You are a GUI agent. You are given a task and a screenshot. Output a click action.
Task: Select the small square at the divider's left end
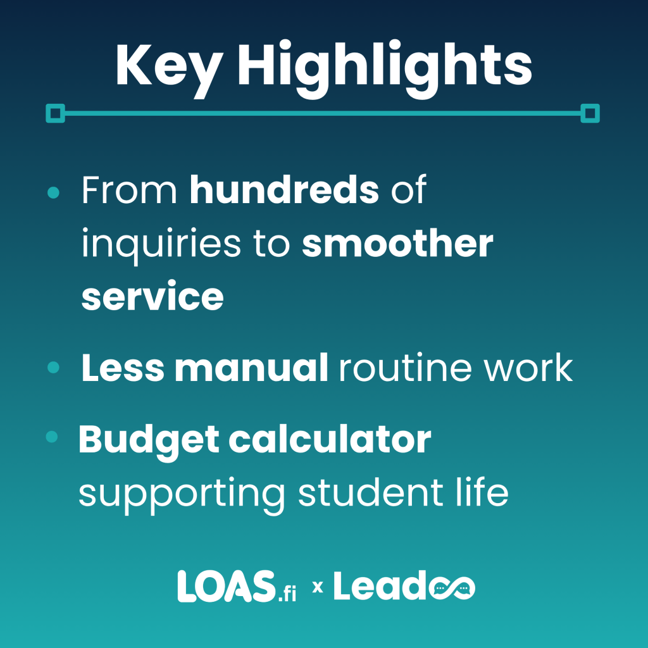pos(56,114)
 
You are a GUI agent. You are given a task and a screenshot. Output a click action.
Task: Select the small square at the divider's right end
pos(590,114)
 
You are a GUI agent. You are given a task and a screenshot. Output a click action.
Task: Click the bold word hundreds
pos(284,190)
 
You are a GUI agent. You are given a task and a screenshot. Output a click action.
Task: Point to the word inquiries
pos(161,244)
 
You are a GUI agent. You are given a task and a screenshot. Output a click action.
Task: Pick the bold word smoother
pos(397,244)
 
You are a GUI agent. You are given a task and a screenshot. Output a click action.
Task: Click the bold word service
pos(153,296)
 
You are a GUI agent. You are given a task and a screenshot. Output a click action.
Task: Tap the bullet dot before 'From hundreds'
pos(54,192)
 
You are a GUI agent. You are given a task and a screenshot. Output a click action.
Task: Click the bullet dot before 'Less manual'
pos(54,367)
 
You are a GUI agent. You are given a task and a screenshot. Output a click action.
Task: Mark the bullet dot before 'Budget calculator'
pos(53,437)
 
